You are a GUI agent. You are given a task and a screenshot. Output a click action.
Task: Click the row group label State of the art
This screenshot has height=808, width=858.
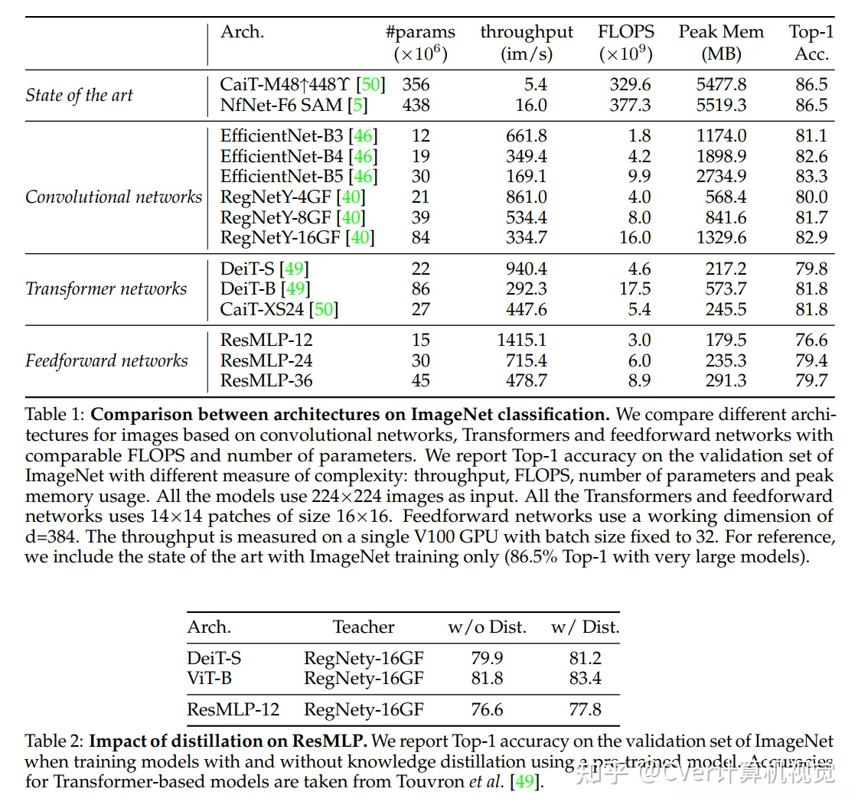[x=80, y=95]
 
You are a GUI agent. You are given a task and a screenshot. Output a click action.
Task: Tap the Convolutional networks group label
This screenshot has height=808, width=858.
[x=113, y=197]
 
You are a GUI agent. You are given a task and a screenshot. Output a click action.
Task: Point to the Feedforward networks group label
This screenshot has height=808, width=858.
[x=106, y=360]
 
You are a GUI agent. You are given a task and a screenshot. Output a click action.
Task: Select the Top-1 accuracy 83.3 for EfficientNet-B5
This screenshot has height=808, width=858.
[x=811, y=177]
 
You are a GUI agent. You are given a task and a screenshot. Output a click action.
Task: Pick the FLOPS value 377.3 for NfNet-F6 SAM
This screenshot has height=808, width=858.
[x=630, y=105]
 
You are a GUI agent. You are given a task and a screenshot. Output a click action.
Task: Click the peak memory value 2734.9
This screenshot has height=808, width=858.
[x=720, y=177]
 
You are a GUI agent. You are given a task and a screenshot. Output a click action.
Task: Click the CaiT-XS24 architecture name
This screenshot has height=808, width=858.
[x=262, y=310]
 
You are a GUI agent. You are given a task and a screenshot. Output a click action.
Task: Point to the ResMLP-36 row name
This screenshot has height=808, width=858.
[x=266, y=381]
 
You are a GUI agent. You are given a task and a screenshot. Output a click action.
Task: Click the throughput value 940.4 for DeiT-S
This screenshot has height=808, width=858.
[x=526, y=269]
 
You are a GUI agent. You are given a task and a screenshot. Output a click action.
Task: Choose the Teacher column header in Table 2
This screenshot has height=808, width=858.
[x=364, y=627]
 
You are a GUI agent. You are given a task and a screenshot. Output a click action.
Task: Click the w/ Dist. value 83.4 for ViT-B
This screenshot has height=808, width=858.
[x=585, y=678]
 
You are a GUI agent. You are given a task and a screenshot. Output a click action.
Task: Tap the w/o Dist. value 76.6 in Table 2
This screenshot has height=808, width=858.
[x=487, y=709]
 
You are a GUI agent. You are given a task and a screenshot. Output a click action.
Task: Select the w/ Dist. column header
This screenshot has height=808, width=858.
[x=585, y=627]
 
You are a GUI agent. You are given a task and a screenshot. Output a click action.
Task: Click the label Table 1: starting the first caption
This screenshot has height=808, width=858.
[x=55, y=415]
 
